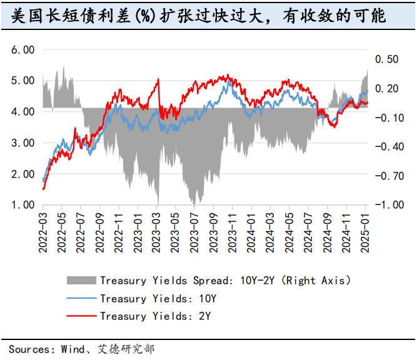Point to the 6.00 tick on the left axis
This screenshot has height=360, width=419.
coord(24,49)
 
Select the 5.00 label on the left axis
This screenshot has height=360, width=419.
coord(24,81)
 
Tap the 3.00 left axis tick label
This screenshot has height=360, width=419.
coord(24,142)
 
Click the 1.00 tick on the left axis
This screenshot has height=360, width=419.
coord(24,205)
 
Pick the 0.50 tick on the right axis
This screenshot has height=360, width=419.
coord(386,59)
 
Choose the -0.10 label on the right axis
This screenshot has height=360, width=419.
coord(384,117)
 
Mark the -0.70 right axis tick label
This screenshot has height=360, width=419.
coord(384,176)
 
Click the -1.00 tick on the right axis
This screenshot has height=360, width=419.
coord(384,205)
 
